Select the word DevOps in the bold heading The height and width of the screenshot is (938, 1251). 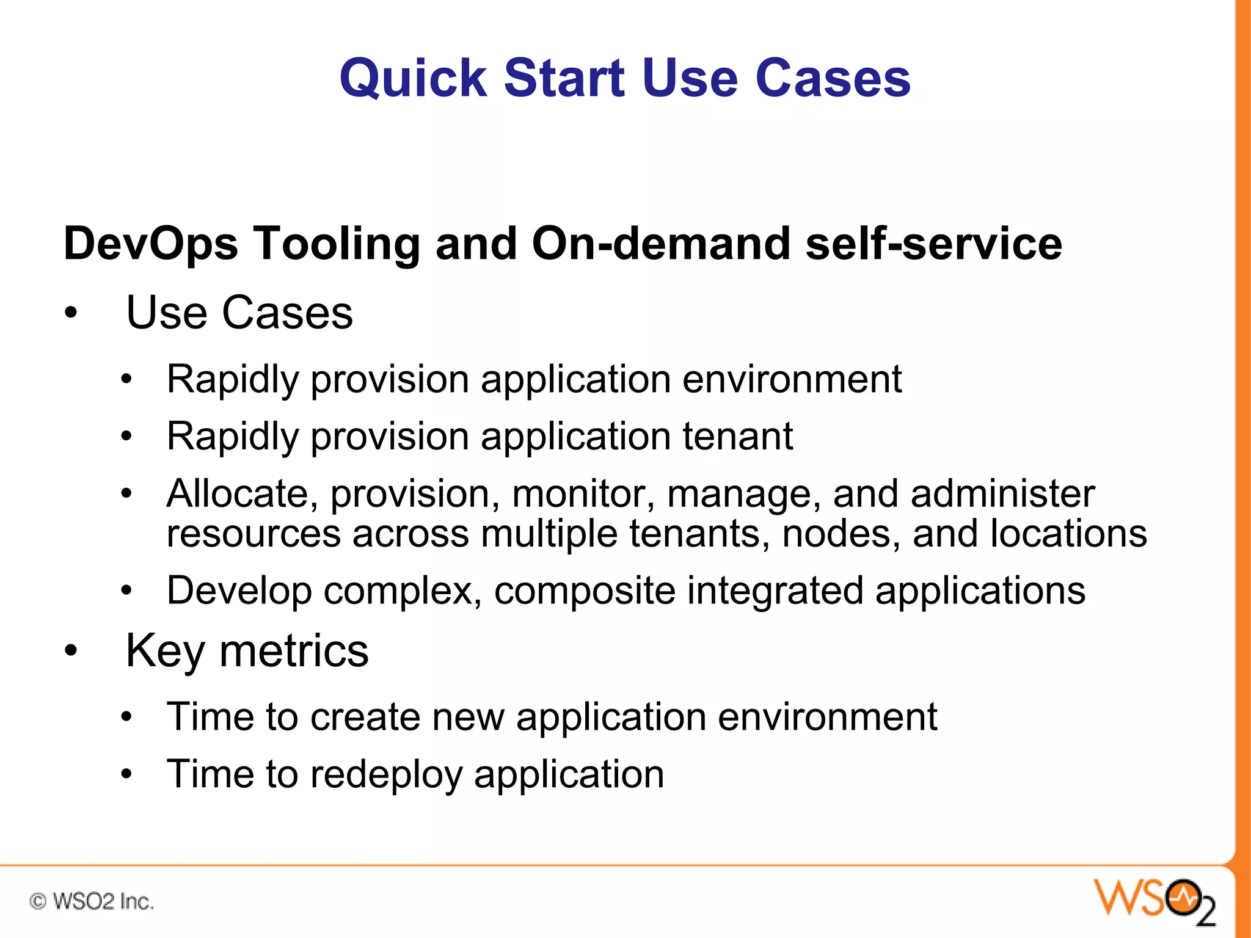click(x=150, y=244)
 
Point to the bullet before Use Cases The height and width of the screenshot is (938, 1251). click(x=71, y=313)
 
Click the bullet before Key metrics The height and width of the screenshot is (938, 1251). click(x=71, y=651)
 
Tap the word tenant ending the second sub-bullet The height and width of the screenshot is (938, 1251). click(x=737, y=436)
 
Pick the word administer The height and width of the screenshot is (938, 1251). click(x=1002, y=493)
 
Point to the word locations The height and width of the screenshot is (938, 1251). click(x=1068, y=533)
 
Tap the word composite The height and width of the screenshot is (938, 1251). click(x=584, y=592)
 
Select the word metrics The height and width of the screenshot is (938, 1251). click(x=294, y=651)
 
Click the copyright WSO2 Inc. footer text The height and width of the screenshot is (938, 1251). click(x=92, y=901)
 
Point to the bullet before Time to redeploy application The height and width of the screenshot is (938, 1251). click(x=126, y=774)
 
